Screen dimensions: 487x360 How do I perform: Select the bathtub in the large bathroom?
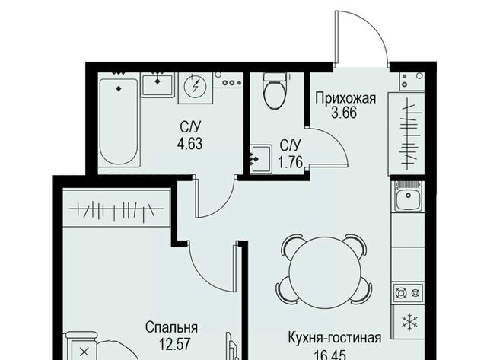pyautogui.click(x=119, y=122)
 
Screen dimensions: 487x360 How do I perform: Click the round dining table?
pyautogui.click(x=324, y=269)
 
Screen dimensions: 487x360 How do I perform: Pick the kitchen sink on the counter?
pyautogui.click(x=408, y=196)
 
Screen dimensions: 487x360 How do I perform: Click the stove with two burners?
pyautogui.click(x=408, y=292)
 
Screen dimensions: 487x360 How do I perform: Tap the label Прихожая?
pyautogui.click(x=345, y=99)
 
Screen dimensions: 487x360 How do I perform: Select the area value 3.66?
pyautogui.click(x=343, y=113)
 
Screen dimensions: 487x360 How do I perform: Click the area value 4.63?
pyautogui.click(x=189, y=144)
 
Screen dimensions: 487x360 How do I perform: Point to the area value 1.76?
pyautogui.click(x=290, y=162)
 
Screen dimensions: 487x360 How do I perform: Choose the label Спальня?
pyautogui.click(x=171, y=328)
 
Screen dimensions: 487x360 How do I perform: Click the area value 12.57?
pyautogui.click(x=174, y=344)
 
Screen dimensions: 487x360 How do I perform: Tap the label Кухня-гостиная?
pyautogui.click(x=335, y=338)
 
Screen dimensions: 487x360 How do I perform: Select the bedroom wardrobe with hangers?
pyautogui.click(x=116, y=208)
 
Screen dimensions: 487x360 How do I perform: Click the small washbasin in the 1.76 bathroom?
pyautogui.click(x=261, y=158)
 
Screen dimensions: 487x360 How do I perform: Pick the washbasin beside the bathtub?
pyautogui.click(x=158, y=84)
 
